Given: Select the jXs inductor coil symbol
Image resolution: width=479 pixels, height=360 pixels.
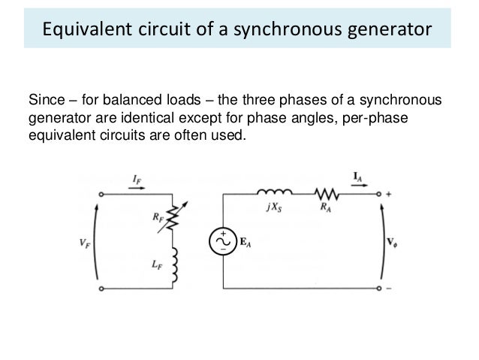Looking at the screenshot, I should pyautogui.click(x=273, y=191).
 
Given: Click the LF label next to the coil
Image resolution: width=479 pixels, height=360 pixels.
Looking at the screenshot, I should pyautogui.click(x=155, y=265).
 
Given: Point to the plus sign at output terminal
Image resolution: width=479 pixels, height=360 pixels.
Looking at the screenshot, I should pyautogui.click(x=389, y=194).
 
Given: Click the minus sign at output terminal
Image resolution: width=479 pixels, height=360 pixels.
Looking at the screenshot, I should pyautogui.click(x=389, y=287).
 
